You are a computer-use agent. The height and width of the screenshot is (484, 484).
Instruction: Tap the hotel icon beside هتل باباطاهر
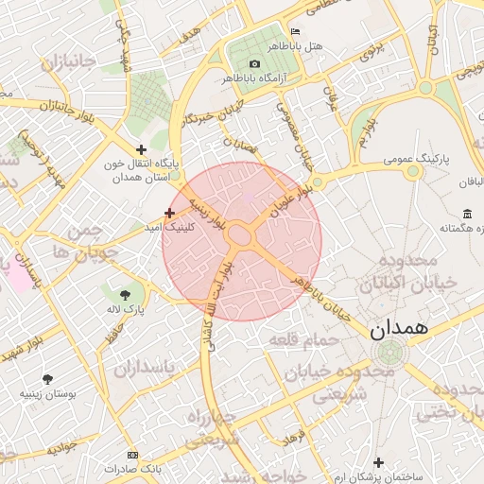(296, 32)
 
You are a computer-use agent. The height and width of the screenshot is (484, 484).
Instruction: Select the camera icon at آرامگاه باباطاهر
(254, 63)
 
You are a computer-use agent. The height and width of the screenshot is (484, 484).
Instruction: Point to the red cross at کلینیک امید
(169, 213)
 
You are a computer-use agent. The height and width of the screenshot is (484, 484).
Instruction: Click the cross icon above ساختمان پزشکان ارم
(379, 462)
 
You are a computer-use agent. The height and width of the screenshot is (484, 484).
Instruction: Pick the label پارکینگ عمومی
(419, 161)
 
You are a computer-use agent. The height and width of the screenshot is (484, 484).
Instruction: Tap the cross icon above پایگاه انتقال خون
(141, 148)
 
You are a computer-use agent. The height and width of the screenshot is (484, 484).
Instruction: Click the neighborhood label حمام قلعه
(299, 337)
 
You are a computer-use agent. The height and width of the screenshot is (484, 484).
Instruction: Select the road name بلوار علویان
(290, 201)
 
